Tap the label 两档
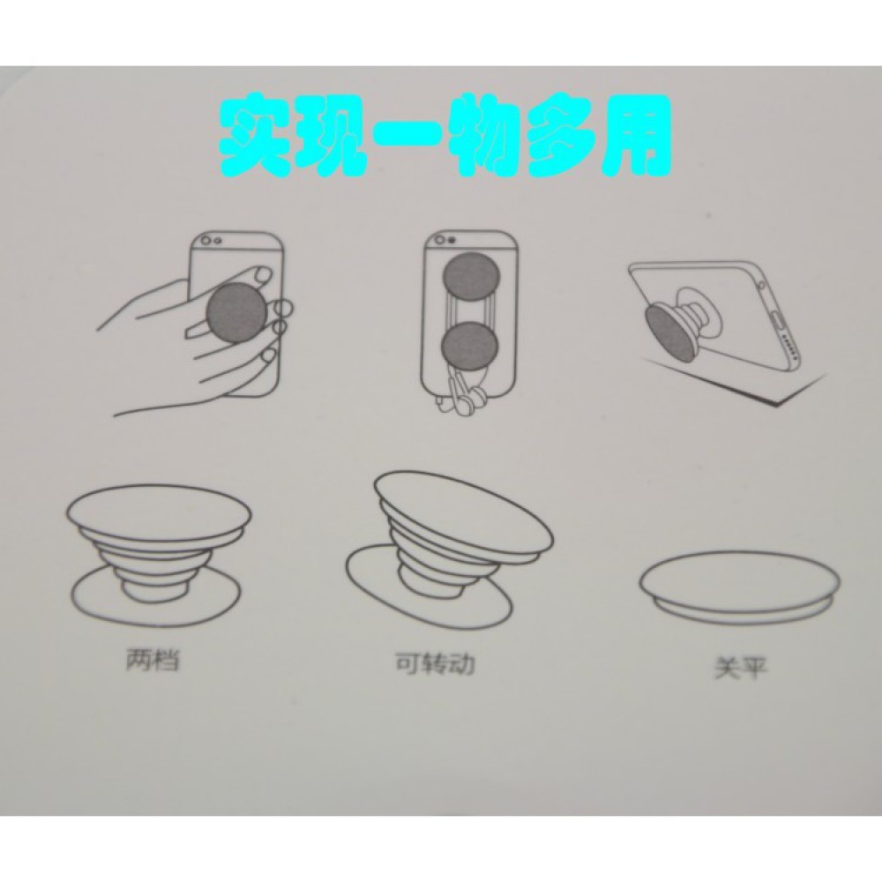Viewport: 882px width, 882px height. click(x=153, y=659)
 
